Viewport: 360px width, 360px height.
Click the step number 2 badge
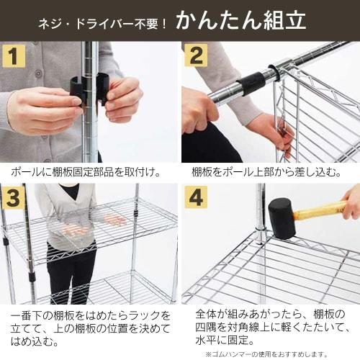(x=195, y=55)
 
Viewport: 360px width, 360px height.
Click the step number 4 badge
(x=195, y=197)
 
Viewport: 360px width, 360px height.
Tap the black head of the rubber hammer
(x=282, y=217)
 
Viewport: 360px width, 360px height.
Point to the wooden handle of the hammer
(x=320, y=211)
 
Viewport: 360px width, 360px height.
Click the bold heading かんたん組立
(x=240, y=19)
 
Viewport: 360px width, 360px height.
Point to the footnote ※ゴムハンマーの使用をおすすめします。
(x=266, y=354)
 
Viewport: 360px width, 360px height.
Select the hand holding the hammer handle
(x=351, y=202)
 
